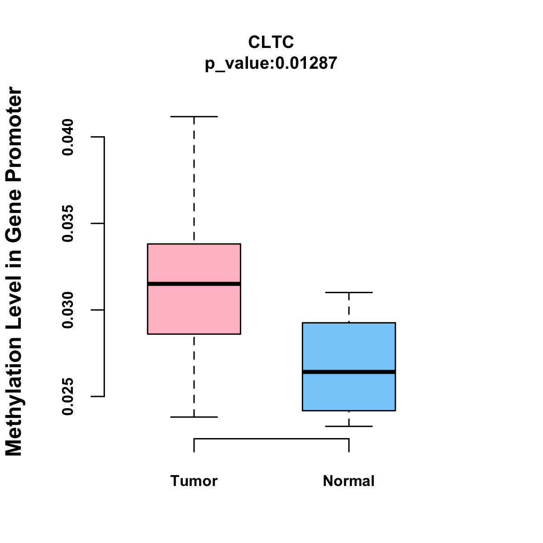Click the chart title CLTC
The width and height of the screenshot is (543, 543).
point(271,42)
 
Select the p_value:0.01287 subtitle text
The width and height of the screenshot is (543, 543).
point(271,63)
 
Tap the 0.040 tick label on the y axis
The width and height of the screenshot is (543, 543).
point(68,137)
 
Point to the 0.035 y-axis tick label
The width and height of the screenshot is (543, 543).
point(68,224)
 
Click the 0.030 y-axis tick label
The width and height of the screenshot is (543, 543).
point(68,310)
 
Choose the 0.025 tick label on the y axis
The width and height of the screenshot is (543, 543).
point(68,397)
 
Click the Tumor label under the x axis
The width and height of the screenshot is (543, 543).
point(194,481)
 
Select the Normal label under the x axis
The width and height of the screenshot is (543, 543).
point(348,481)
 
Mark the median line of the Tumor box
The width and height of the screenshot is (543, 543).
point(194,284)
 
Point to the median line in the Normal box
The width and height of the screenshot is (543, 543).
point(348,372)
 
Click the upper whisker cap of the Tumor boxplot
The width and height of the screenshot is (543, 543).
point(194,117)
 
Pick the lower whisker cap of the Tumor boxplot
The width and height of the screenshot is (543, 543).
point(194,417)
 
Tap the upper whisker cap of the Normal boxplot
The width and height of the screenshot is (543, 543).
point(348,293)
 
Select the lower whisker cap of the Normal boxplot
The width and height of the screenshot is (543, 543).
point(348,426)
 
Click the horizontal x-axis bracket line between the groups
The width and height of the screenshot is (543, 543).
point(271,438)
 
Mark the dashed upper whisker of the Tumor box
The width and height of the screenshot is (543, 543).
point(194,181)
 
